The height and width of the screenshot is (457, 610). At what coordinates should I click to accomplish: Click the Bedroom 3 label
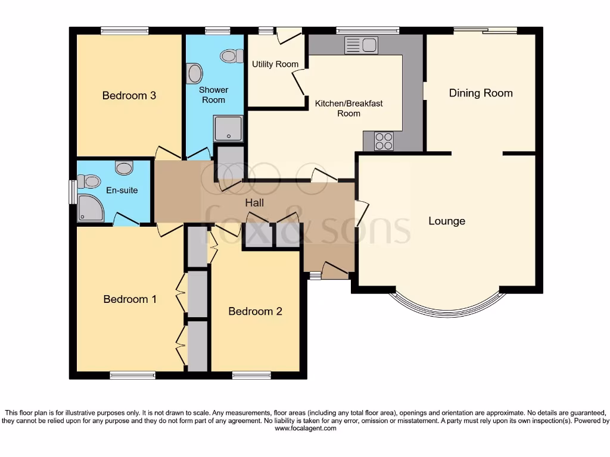tap(129, 95)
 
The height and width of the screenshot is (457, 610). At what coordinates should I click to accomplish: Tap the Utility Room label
tap(275, 64)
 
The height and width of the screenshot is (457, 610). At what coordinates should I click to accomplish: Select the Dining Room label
tap(480, 93)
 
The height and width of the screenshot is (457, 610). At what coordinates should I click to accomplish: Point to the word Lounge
tap(447, 221)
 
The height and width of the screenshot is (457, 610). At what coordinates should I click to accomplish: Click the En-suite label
tap(122, 190)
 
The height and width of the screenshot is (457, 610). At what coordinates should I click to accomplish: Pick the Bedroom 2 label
tap(255, 311)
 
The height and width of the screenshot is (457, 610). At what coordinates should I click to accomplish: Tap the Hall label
tap(254, 203)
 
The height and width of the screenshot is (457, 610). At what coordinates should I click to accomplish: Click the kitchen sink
tap(361, 45)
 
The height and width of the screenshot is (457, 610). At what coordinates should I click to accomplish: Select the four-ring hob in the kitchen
tap(384, 141)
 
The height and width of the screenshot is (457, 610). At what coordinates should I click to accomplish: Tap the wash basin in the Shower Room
tap(194, 74)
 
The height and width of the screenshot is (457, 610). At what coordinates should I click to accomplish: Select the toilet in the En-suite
tap(89, 180)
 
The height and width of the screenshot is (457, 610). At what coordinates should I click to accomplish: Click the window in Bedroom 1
tap(132, 375)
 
